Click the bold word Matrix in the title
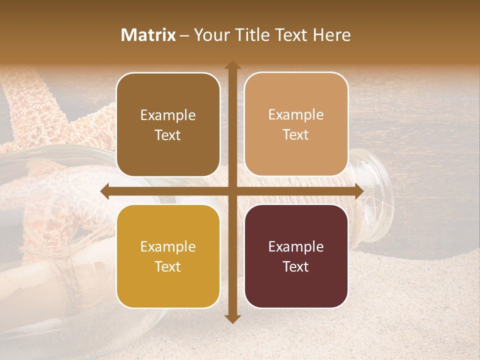pyautogui.click(x=148, y=35)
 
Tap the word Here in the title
pyautogui.click(x=331, y=35)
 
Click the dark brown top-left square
pyautogui.click(x=168, y=124)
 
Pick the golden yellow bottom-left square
pyautogui.click(x=168, y=256)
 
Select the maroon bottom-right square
pyautogui.click(x=296, y=256)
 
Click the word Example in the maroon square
pyautogui.click(x=296, y=246)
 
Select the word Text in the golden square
pyautogui.click(x=168, y=266)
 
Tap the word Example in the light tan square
pyautogui.click(x=296, y=114)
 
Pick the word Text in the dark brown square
pyautogui.click(x=168, y=135)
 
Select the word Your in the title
pyautogui.click(x=210, y=35)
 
